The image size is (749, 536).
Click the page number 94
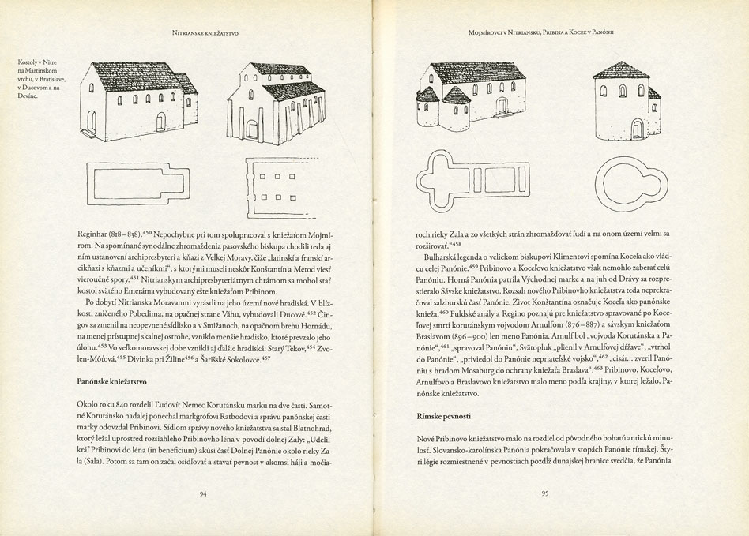[x=203, y=494]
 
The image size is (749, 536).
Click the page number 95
[x=544, y=494]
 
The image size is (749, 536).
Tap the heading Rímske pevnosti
[x=442, y=414]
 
